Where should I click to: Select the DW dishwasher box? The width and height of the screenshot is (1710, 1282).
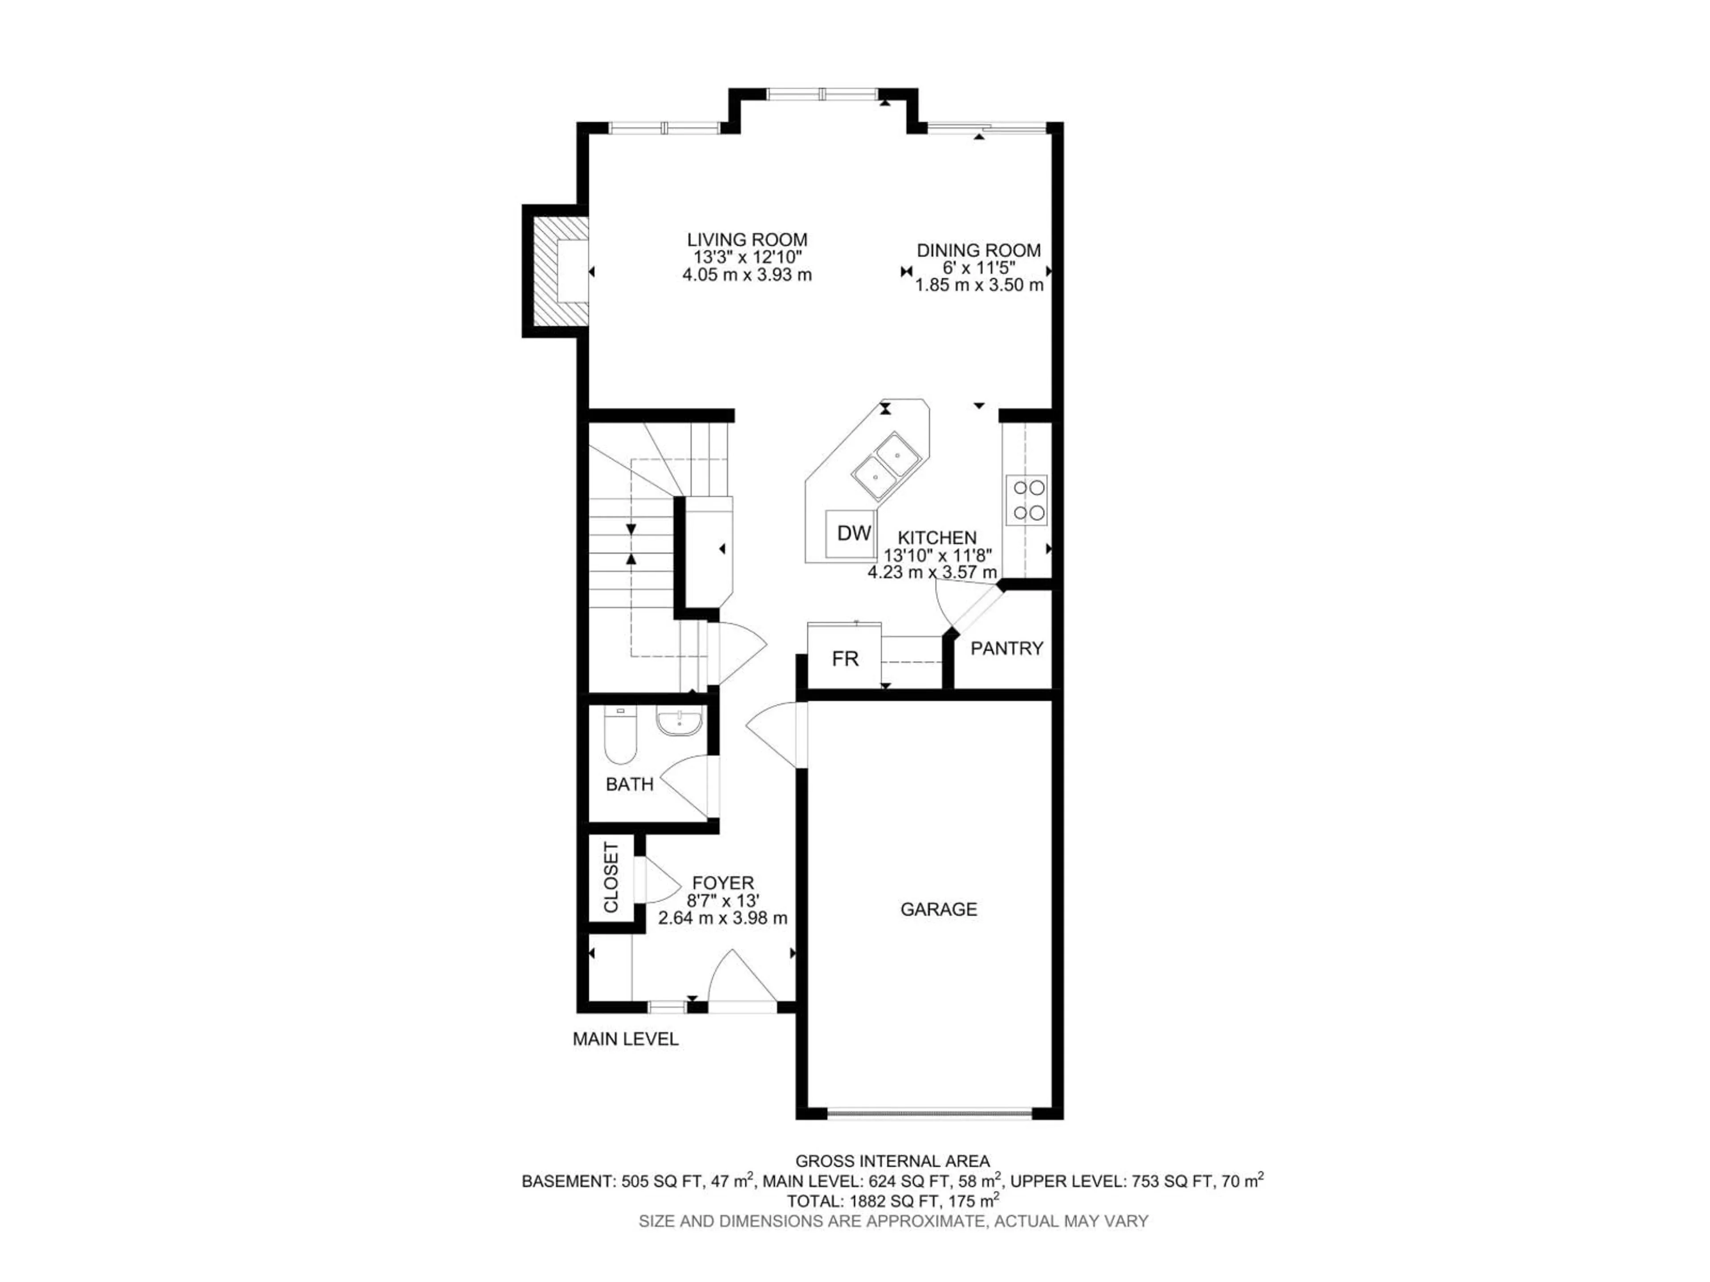tap(854, 532)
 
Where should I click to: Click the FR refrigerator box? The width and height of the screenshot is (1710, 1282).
tap(844, 658)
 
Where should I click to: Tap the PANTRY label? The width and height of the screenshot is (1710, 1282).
tap(1006, 648)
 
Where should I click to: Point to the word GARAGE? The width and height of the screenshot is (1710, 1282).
tap(938, 909)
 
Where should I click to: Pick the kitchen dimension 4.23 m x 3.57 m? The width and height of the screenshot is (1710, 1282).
tap(932, 572)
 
